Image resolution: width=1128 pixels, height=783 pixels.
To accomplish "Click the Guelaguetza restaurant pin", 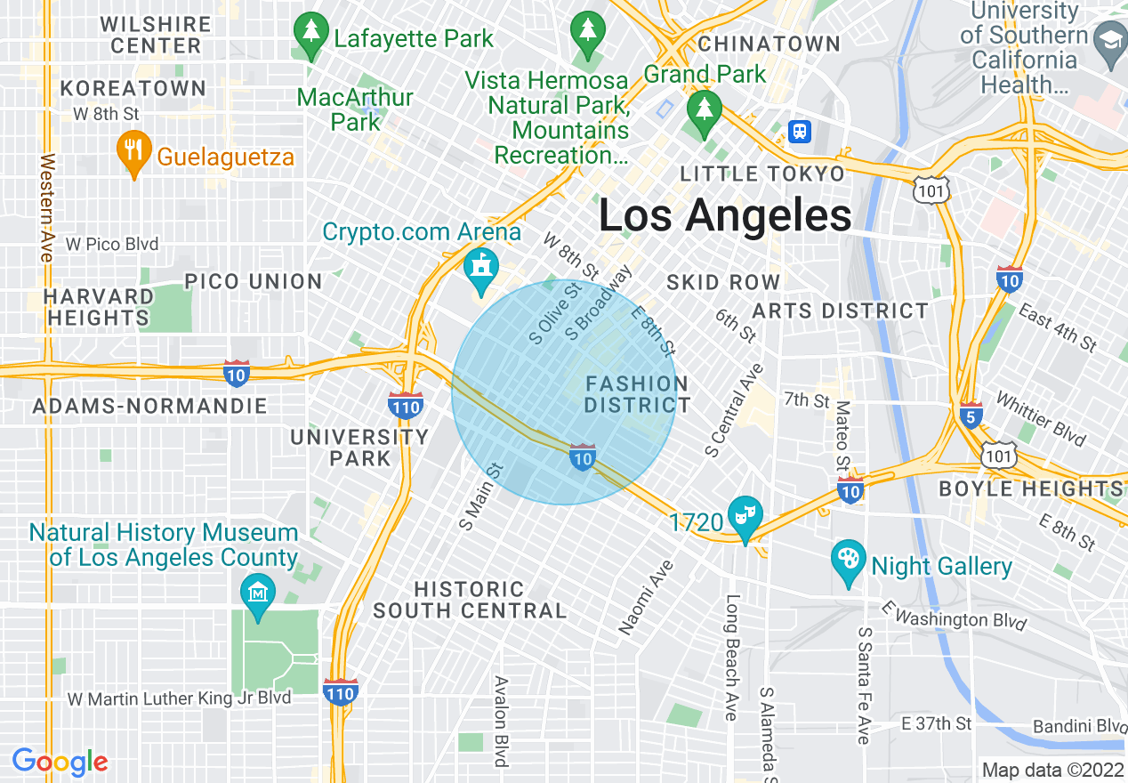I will coord(133,154).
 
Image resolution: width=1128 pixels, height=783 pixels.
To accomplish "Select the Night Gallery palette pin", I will coord(848,561).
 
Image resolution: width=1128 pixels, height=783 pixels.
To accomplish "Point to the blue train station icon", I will coord(801,132).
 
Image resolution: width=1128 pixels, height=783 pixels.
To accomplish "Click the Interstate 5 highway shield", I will coord(971,416).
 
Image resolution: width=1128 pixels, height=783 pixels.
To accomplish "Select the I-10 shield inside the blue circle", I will coord(582,458).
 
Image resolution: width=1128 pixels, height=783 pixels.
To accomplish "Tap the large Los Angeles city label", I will coord(724,216).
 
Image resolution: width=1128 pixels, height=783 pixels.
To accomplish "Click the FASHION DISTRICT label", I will coord(637,394).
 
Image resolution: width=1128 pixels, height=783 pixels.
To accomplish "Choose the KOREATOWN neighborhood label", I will coord(133,88).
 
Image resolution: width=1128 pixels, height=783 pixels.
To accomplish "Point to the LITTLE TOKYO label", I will coord(762,174).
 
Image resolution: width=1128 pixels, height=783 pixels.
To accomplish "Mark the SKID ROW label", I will coord(723,282).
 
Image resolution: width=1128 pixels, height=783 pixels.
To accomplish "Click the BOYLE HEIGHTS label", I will coord(1030,488).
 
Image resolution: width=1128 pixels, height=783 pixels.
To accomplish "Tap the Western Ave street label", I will coord(47,208).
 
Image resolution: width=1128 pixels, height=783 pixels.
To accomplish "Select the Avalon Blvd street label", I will coord(501,721).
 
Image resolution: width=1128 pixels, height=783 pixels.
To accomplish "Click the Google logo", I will coord(60,762).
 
